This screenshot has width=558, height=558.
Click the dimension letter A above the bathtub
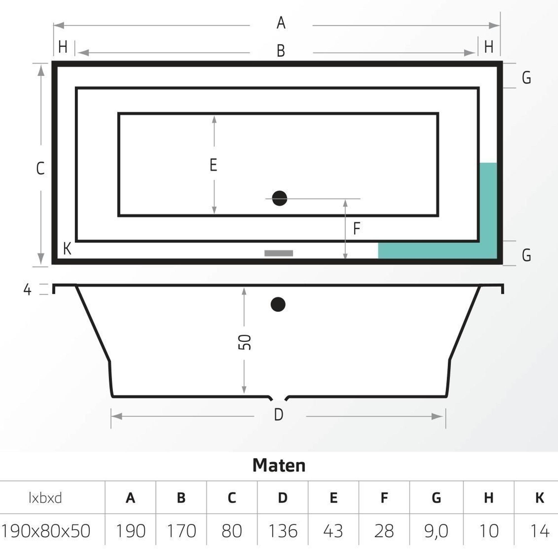pyautogui.click(x=281, y=23)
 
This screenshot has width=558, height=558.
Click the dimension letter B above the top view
pyautogui.click(x=281, y=51)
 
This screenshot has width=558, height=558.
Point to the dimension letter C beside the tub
pyautogui.click(x=40, y=169)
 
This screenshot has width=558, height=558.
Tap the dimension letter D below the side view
pyautogui.click(x=278, y=415)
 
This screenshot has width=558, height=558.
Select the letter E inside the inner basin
pyautogui.click(x=213, y=165)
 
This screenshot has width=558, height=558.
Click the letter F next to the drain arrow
pyautogui.click(x=357, y=228)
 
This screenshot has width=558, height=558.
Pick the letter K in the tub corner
pyautogui.click(x=67, y=249)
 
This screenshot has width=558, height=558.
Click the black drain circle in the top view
pyautogui.click(x=279, y=198)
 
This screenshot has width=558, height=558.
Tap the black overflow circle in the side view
pyautogui.click(x=278, y=304)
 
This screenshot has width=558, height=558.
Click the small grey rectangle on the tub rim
pyautogui.click(x=279, y=253)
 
